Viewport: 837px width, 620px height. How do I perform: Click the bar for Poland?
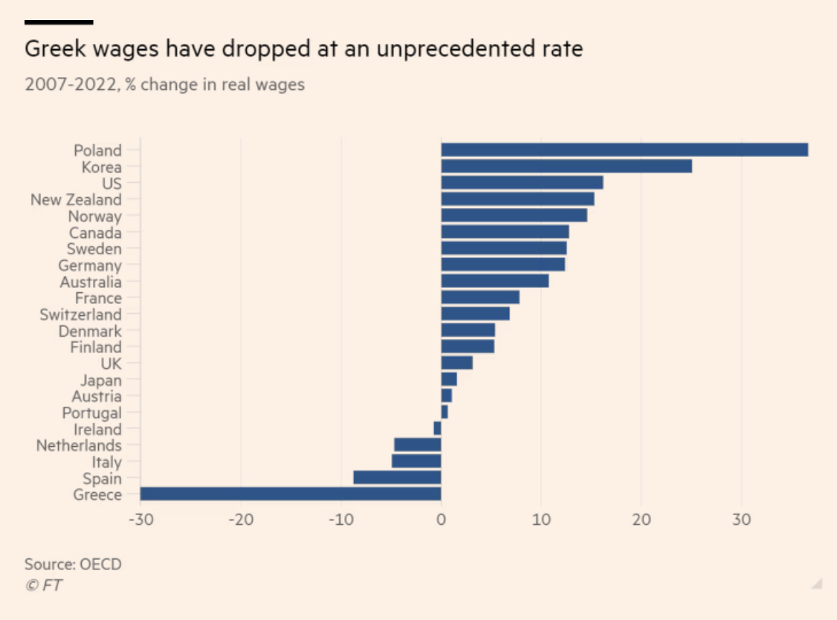pyautogui.click(x=624, y=150)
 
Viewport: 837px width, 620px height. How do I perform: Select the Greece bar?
pyautogui.click(x=291, y=494)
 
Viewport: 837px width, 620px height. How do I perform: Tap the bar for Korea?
pyautogui.click(x=566, y=167)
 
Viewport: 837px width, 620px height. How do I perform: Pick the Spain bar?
pyautogui.click(x=397, y=477)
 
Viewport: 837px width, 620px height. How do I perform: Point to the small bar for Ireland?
pyautogui.click(x=438, y=428)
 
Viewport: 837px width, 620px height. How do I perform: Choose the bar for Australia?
pyautogui.click(x=495, y=281)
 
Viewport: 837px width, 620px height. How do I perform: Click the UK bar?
pyautogui.click(x=456, y=363)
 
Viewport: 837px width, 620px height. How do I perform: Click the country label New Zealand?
pyautogui.click(x=76, y=199)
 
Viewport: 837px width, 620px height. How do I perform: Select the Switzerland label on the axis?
pyautogui.click(x=80, y=314)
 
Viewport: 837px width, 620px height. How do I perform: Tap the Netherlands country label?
pyautogui.click(x=79, y=445)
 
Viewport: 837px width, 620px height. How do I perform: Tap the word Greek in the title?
pyautogui.click(x=51, y=50)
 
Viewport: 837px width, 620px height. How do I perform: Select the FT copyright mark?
pyautogui.click(x=44, y=585)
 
